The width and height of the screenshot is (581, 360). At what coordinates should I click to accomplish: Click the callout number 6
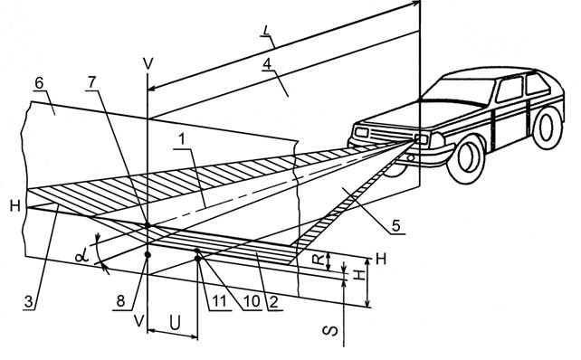click(x=39, y=83)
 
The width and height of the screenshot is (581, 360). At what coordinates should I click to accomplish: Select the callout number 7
click(x=92, y=82)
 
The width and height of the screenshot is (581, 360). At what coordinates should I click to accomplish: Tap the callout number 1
click(x=181, y=139)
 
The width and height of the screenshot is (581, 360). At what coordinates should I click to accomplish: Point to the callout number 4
click(x=267, y=63)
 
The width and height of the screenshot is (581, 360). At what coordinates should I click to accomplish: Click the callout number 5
click(x=396, y=225)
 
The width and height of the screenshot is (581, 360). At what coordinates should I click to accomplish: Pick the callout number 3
click(x=29, y=301)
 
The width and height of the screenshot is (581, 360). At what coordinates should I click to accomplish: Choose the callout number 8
click(x=120, y=300)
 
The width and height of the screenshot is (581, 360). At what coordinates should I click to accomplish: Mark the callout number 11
click(x=219, y=301)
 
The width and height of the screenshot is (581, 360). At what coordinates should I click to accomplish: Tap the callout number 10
click(x=252, y=301)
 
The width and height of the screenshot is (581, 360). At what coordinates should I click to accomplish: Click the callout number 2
click(x=273, y=302)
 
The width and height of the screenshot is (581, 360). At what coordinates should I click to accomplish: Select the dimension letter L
click(x=266, y=31)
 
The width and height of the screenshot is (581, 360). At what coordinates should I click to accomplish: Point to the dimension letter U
click(x=175, y=323)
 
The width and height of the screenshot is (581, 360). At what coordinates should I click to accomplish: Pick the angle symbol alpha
click(x=81, y=256)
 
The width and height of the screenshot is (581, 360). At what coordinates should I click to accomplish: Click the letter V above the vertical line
click(x=148, y=64)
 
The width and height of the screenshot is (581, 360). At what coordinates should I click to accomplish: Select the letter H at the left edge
click(x=15, y=205)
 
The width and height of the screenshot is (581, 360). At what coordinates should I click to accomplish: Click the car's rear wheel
click(x=547, y=128)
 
